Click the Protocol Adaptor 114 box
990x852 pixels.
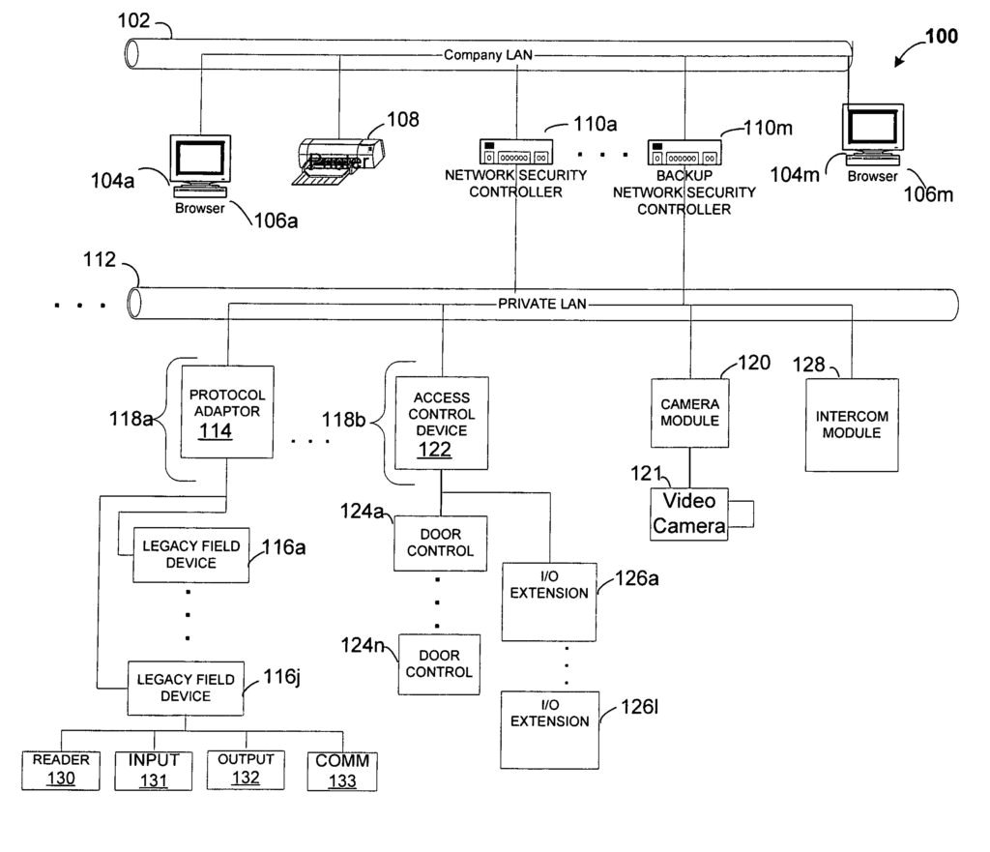(227, 412)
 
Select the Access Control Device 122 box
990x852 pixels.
(441, 423)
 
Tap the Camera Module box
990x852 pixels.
(689, 412)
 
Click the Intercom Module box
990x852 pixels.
(852, 425)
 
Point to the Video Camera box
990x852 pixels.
(689, 514)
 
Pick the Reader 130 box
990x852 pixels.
(61, 770)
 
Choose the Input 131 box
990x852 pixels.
(154, 770)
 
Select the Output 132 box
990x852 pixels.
(246, 770)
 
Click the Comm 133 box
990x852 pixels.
(341, 771)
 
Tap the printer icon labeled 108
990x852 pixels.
(338, 159)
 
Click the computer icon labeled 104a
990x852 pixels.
(200, 162)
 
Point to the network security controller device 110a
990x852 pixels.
(516, 153)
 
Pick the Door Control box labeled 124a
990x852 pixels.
(441, 543)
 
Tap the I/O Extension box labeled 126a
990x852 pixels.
(549, 600)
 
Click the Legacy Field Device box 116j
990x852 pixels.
(187, 688)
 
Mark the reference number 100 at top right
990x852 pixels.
(941, 37)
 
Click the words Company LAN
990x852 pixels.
(487, 55)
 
